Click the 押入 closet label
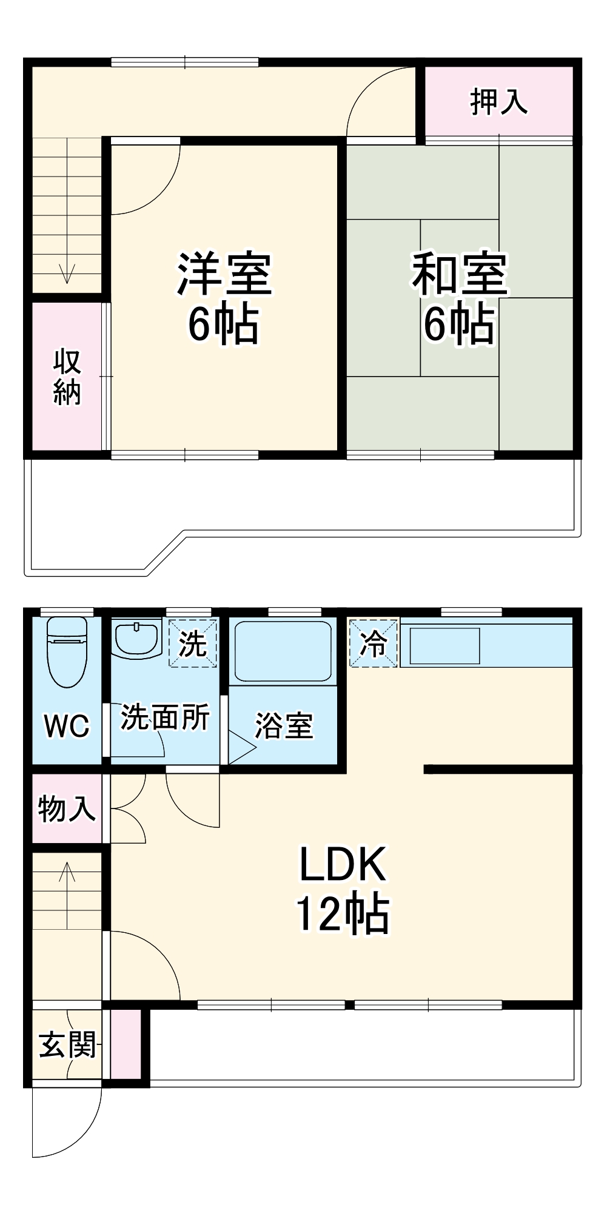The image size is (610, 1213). point(498,101)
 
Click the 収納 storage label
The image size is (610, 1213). point(67,377)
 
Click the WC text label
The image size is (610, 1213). point(67,726)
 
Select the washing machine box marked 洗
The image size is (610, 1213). point(193,643)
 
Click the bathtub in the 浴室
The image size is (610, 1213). point(283,651)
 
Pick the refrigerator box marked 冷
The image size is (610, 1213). point(374,643)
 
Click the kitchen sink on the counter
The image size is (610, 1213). point(445,646)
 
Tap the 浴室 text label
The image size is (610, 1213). point(283,725)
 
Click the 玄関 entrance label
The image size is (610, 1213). point(67,1045)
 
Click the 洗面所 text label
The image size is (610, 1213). point(165,717)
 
